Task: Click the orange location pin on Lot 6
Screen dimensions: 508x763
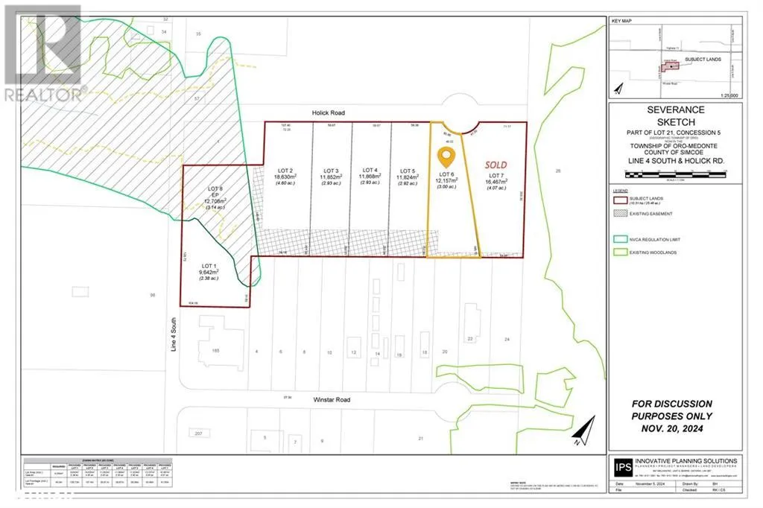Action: click(x=446, y=156)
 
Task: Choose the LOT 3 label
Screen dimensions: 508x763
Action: click(x=326, y=170)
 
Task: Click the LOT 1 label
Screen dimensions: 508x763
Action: click(x=208, y=265)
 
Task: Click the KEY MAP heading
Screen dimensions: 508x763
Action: click(x=621, y=22)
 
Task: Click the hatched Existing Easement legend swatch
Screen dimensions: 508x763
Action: click(x=619, y=213)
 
